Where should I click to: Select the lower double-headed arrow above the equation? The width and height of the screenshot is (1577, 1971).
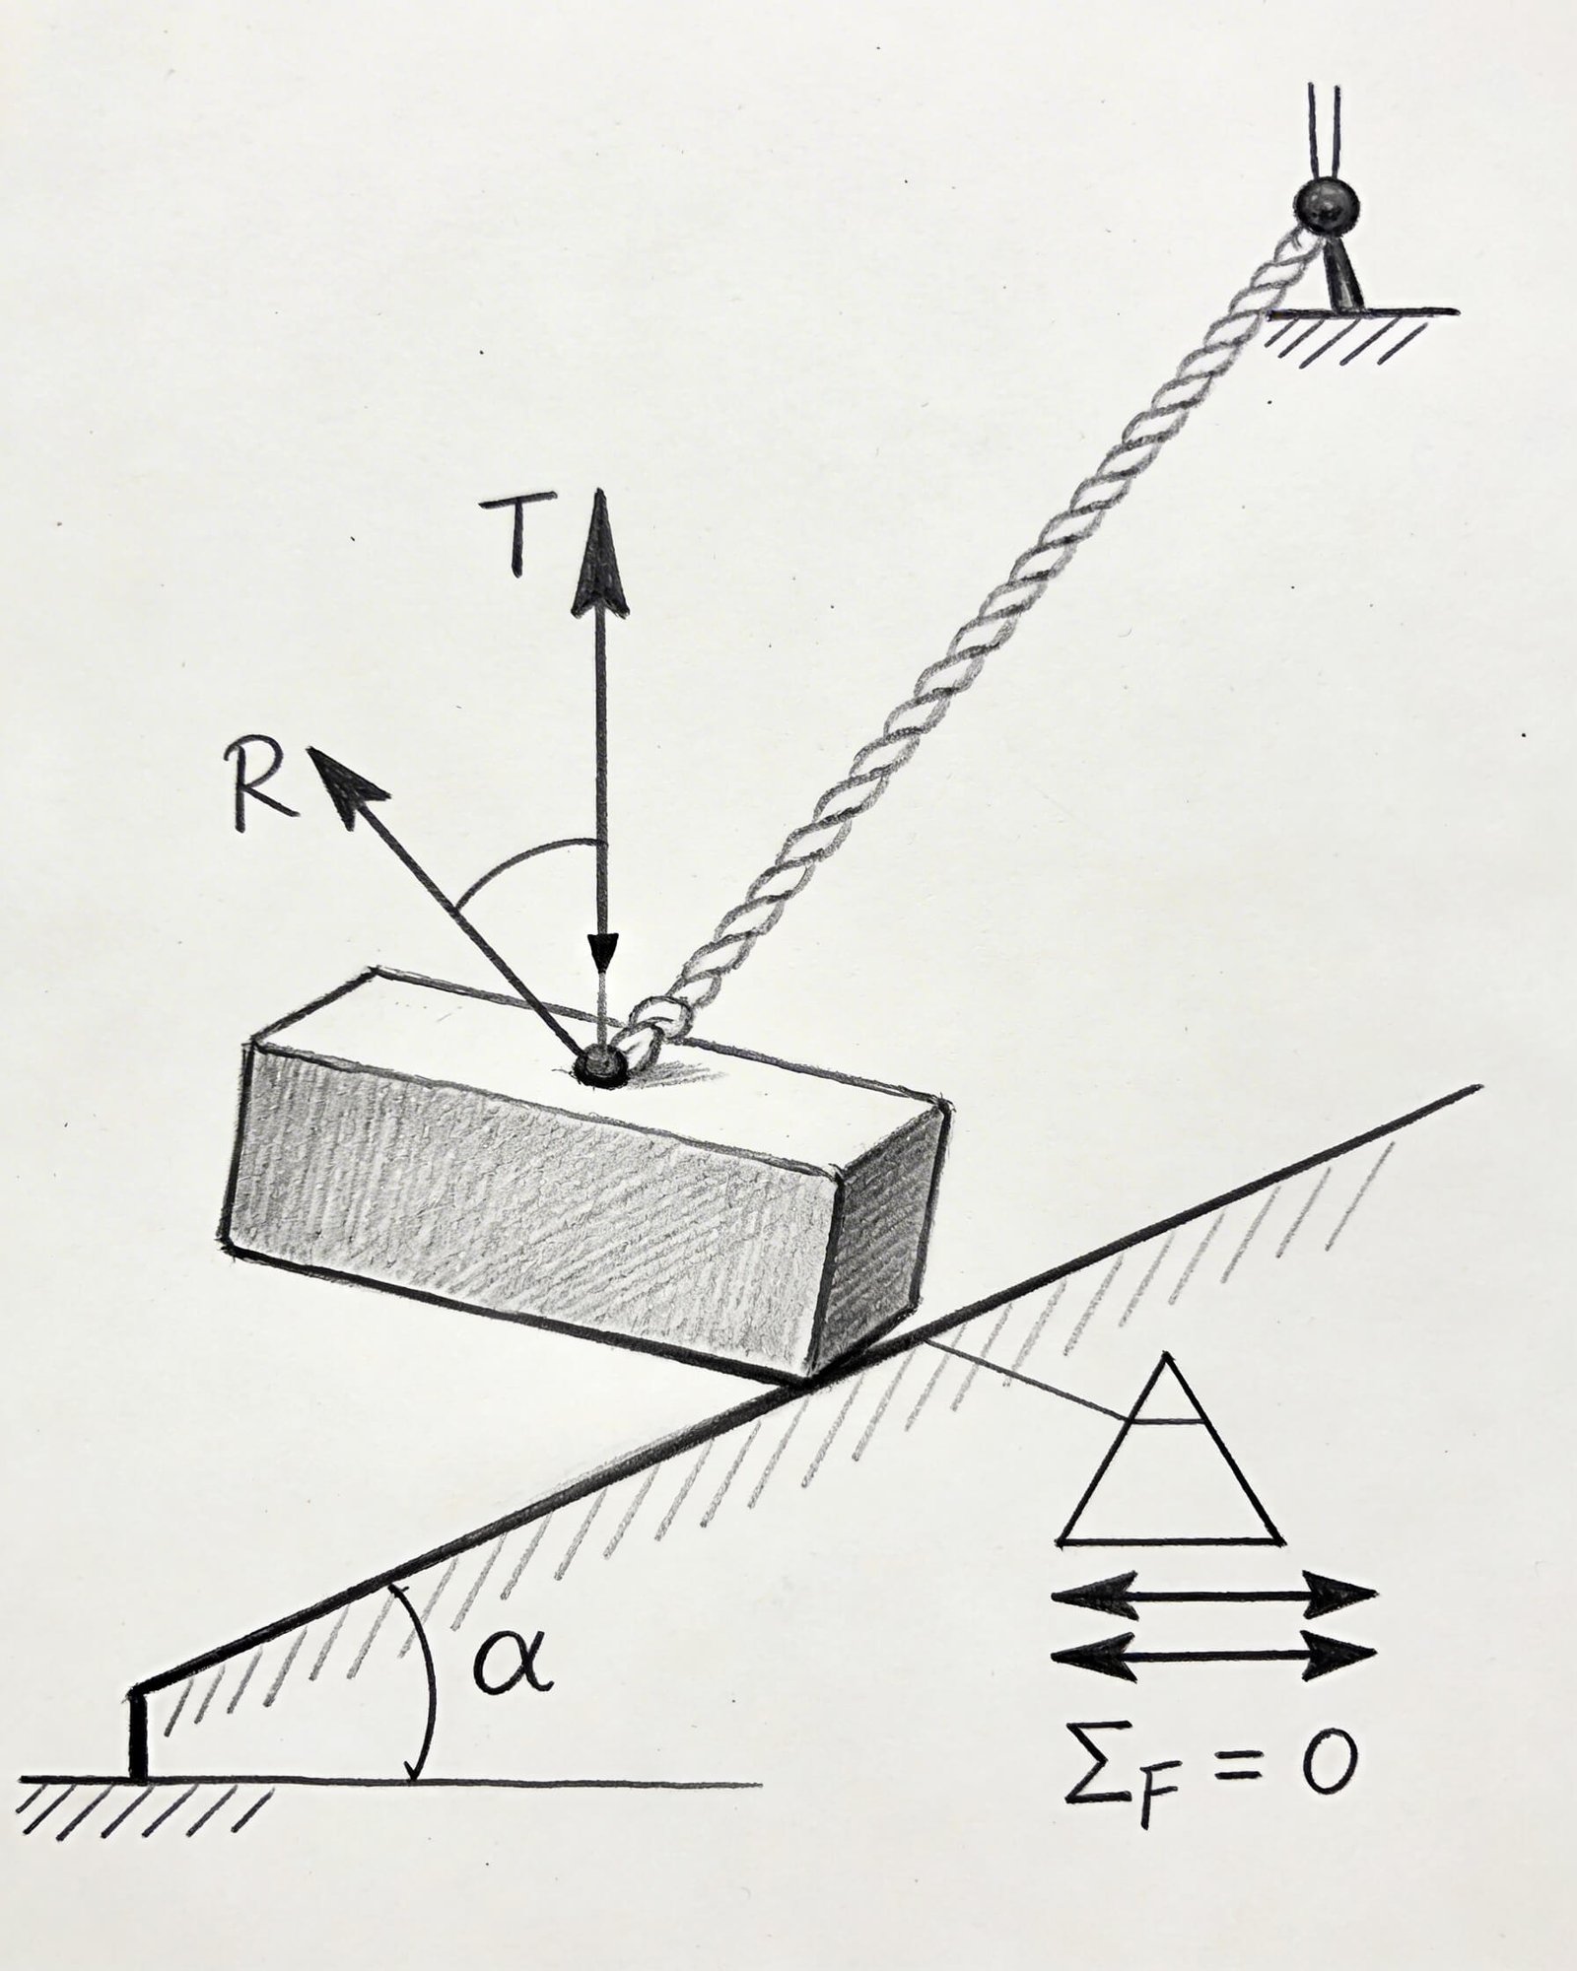(1213, 1656)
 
